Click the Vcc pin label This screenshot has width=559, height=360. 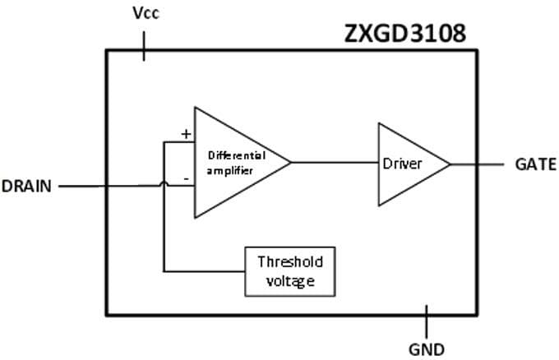(146, 14)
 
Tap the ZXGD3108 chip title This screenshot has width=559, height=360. (404, 35)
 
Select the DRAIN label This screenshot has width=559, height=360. (27, 186)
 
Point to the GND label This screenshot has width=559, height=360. (426, 348)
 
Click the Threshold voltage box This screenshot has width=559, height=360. (290, 272)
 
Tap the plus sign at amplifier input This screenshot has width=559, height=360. (186, 133)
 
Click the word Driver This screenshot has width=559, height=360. (402, 164)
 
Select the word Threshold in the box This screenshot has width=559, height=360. (290, 262)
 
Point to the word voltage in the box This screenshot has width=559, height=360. (290, 282)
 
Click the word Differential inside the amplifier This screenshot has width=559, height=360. (236, 155)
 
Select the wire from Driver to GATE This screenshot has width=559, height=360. (477, 164)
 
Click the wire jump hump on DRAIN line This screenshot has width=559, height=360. (164, 185)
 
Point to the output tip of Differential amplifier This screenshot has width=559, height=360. (290, 163)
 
